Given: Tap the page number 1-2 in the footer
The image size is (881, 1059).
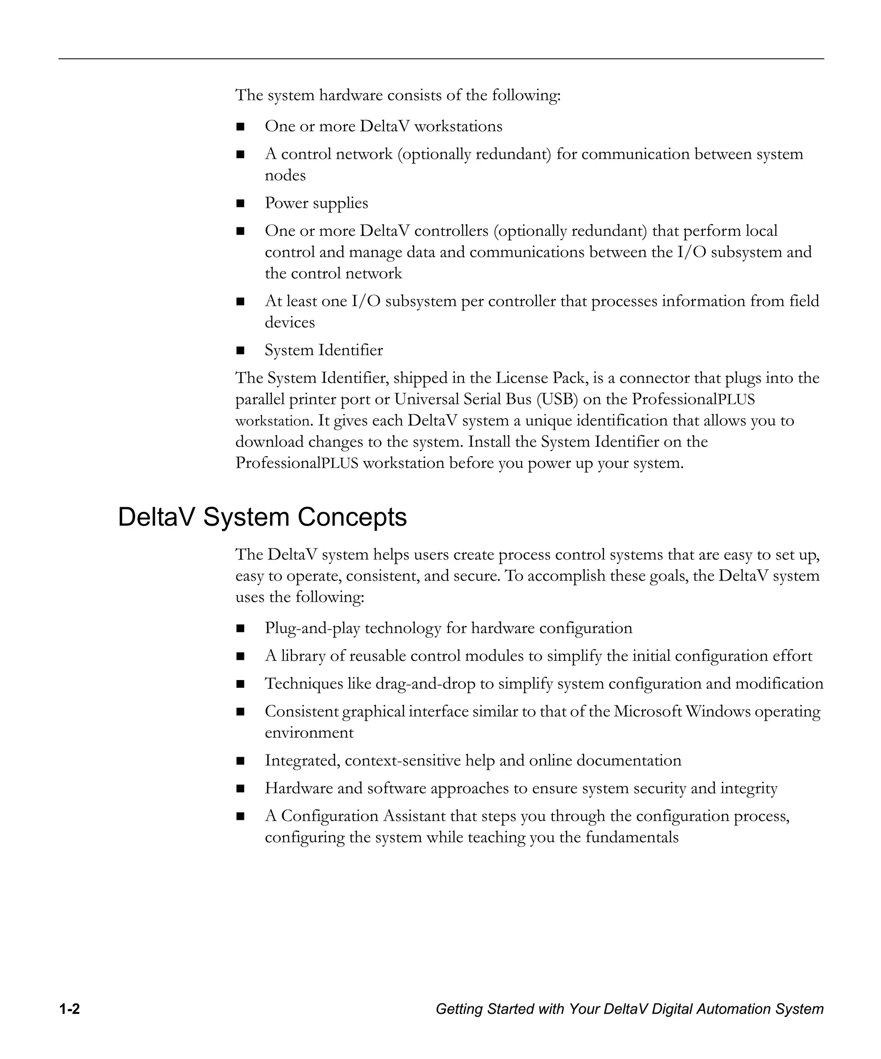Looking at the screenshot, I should [x=70, y=1009].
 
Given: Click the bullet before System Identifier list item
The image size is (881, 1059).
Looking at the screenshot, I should [x=240, y=350].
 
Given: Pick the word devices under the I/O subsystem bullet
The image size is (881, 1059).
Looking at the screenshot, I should [x=290, y=322].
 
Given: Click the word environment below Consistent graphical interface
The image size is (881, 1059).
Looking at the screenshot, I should [x=309, y=732].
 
